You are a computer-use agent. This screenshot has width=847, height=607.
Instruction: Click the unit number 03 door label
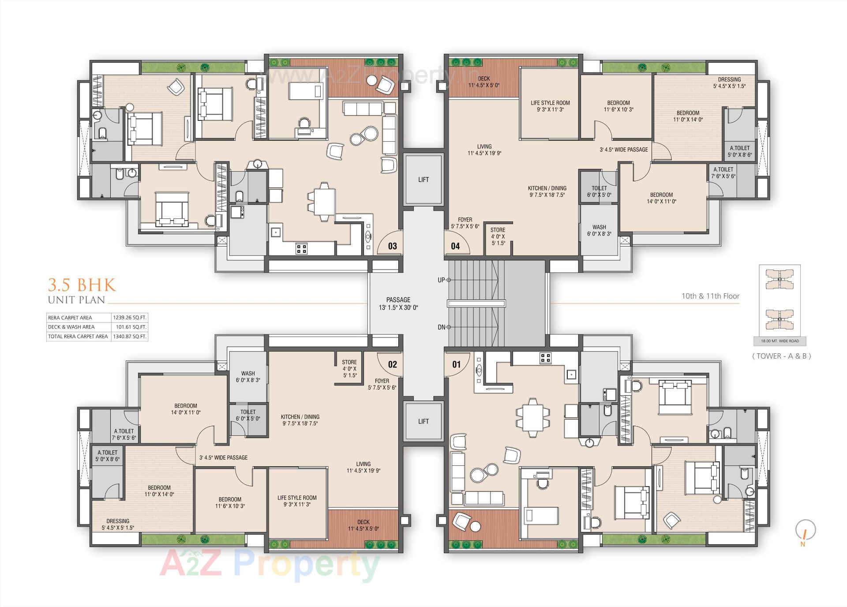click(x=392, y=246)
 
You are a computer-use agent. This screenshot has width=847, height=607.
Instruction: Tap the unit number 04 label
click(x=455, y=246)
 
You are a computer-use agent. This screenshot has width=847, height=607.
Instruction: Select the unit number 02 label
click(x=392, y=364)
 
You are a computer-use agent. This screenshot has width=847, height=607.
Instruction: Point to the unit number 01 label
click(x=456, y=364)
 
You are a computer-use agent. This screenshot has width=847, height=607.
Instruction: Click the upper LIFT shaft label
click(x=423, y=180)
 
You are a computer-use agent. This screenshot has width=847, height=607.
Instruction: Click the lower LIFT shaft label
click(x=423, y=421)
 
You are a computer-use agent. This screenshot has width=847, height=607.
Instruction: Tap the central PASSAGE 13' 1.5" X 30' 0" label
click(x=398, y=303)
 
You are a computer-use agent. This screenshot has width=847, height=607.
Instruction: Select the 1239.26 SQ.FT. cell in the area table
click(x=129, y=317)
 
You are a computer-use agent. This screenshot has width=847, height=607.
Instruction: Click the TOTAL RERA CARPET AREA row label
click(x=78, y=336)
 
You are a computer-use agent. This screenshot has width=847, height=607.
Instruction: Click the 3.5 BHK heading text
click(x=82, y=285)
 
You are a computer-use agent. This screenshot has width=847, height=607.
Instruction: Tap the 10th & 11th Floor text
click(x=710, y=296)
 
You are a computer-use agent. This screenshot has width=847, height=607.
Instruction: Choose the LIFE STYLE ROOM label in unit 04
click(x=550, y=106)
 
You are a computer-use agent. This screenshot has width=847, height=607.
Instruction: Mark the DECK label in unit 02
click(x=363, y=525)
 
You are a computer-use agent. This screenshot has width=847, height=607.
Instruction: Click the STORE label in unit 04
click(x=498, y=236)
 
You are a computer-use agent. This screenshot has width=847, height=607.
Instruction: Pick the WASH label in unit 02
click(x=247, y=376)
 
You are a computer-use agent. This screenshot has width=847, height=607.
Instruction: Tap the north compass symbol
click(x=805, y=531)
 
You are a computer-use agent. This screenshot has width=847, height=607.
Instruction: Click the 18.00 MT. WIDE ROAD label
click(x=780, y=341)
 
